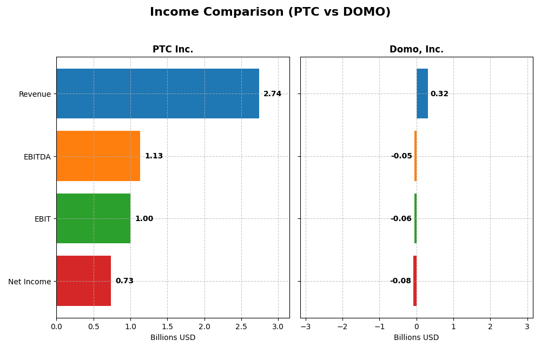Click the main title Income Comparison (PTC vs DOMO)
[270, 12]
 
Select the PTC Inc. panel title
[173, 49]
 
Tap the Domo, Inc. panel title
[416, 49]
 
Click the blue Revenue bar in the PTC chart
[157, 94]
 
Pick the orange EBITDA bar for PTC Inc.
[98, 156]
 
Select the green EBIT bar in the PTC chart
[93, 218]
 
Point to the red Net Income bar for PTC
[83, 281]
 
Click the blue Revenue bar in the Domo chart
[422, 94]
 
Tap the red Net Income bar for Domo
[415, 281]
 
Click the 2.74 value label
[272, 94]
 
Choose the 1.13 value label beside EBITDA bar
[154, 156]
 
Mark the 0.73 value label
[124, 281]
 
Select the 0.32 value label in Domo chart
[439, 94]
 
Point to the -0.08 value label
[400, 281]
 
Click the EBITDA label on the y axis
[37, 157]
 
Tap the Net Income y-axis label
[30, 282]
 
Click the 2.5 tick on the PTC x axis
[241, 326]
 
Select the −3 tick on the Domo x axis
[305, 326]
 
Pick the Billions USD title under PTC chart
[173, 337]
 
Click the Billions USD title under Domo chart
[416, 337]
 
